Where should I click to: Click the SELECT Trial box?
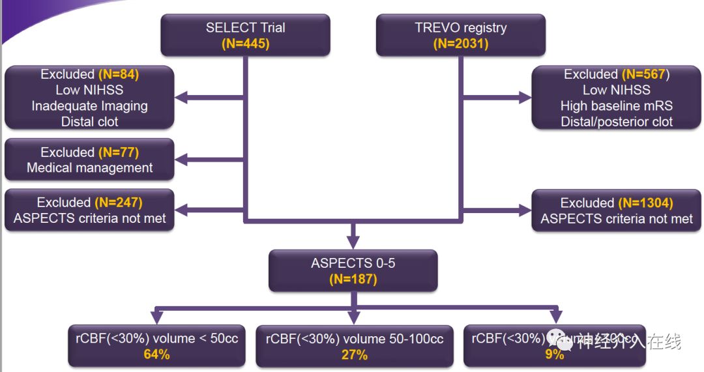pos(245,35)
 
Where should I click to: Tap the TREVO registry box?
pos(461,35)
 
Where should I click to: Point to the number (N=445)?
pos(245,44)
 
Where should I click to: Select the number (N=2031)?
pos(461,44)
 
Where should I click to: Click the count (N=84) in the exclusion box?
pos(118,74)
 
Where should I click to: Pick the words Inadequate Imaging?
pos(89,106)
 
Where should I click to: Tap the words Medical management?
pos(89,167)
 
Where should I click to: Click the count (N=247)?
pos(118,203)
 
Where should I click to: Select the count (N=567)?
pos(645,74)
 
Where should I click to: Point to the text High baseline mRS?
pos(616,106)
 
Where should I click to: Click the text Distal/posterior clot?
pos(616,121)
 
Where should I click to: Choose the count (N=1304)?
pos(645,203)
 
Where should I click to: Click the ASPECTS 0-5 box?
pos(353,271)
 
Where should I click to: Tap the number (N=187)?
pos(353,279)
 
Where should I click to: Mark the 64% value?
pos(156,354)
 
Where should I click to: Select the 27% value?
pos(354,355)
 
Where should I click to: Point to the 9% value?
pos(555,355)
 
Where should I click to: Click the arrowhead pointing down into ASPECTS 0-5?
pos(353,241)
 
